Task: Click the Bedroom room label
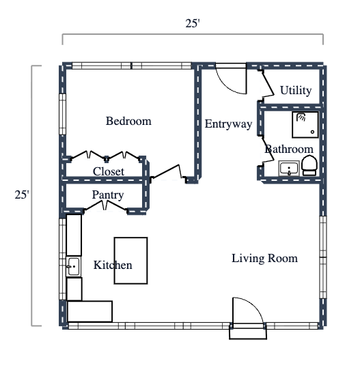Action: pyautogui.click(x=128, y=121)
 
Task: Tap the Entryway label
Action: pyautogui.click(x=228, y=124)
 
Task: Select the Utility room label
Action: pyautogui.click(x=296, y=90)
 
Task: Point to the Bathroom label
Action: pyautogui.click(x=289, y=149)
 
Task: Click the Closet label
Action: pyautogui.click(x=109, y=171)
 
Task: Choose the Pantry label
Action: pyautogui.click(x=108, y=195)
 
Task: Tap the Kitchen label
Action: pyautogui.click(x=113, y=265)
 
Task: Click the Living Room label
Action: pyautogui.click(x=264, y=258)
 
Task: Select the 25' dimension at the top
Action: pyautogui.click(x=193, y=24)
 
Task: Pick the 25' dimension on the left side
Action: pyautogui.click(x=22, y=195)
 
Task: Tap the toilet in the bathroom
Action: pyautogui.click(x=309, y=165)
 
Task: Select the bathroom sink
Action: pyautogui.click(x=290, y=168)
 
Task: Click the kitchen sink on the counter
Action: pyautogui.click(x=74, y=266)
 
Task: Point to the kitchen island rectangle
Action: pyautogui.click(x=130, y=260)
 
